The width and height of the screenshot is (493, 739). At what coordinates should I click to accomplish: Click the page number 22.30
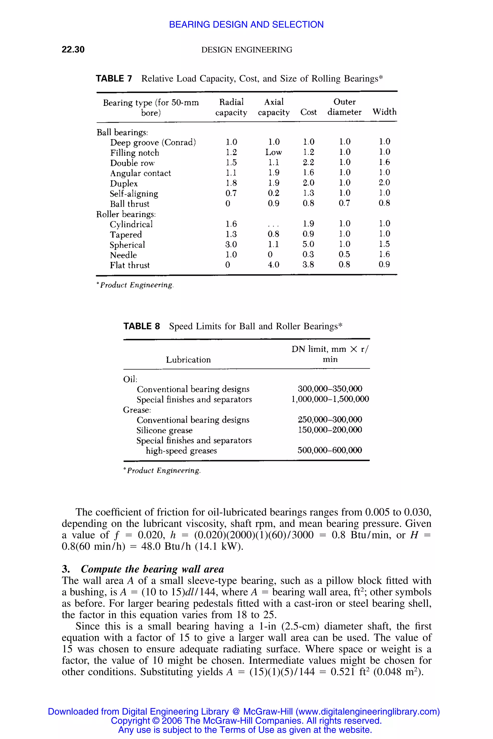click(73, 49)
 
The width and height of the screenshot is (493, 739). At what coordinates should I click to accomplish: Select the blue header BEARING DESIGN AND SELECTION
click(246, 25)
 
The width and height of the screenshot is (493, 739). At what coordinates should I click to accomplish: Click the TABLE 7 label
click(114, 79)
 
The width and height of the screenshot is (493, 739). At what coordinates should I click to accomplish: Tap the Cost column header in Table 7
click(308, 112)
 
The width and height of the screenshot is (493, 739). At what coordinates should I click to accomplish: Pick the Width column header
click(384, 112)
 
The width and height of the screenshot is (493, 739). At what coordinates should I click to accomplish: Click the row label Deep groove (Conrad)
click(153, 143)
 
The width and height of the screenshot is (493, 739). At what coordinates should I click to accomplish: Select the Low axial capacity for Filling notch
click(273, 152)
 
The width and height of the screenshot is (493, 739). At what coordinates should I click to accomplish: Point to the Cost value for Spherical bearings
click(308, 244)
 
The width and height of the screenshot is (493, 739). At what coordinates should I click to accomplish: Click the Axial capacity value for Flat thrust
click(273, 265)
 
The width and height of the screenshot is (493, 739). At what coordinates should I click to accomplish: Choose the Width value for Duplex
click(384, 183)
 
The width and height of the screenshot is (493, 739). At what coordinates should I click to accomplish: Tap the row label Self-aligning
click(134, 194)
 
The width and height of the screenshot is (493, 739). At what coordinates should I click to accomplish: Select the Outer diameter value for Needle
click(344, 255)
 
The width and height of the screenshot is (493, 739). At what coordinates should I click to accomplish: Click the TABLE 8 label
click(142, 326)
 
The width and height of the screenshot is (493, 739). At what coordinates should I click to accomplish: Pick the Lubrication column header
click(188, 360)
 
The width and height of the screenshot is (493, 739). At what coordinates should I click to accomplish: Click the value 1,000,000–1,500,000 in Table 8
click(330, 399)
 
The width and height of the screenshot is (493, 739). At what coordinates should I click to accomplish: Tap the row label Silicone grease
click(164, 430)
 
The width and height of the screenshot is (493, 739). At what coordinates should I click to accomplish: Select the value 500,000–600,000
click(330, 451)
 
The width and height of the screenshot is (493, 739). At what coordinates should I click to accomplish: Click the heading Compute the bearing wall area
click(152, 569)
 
